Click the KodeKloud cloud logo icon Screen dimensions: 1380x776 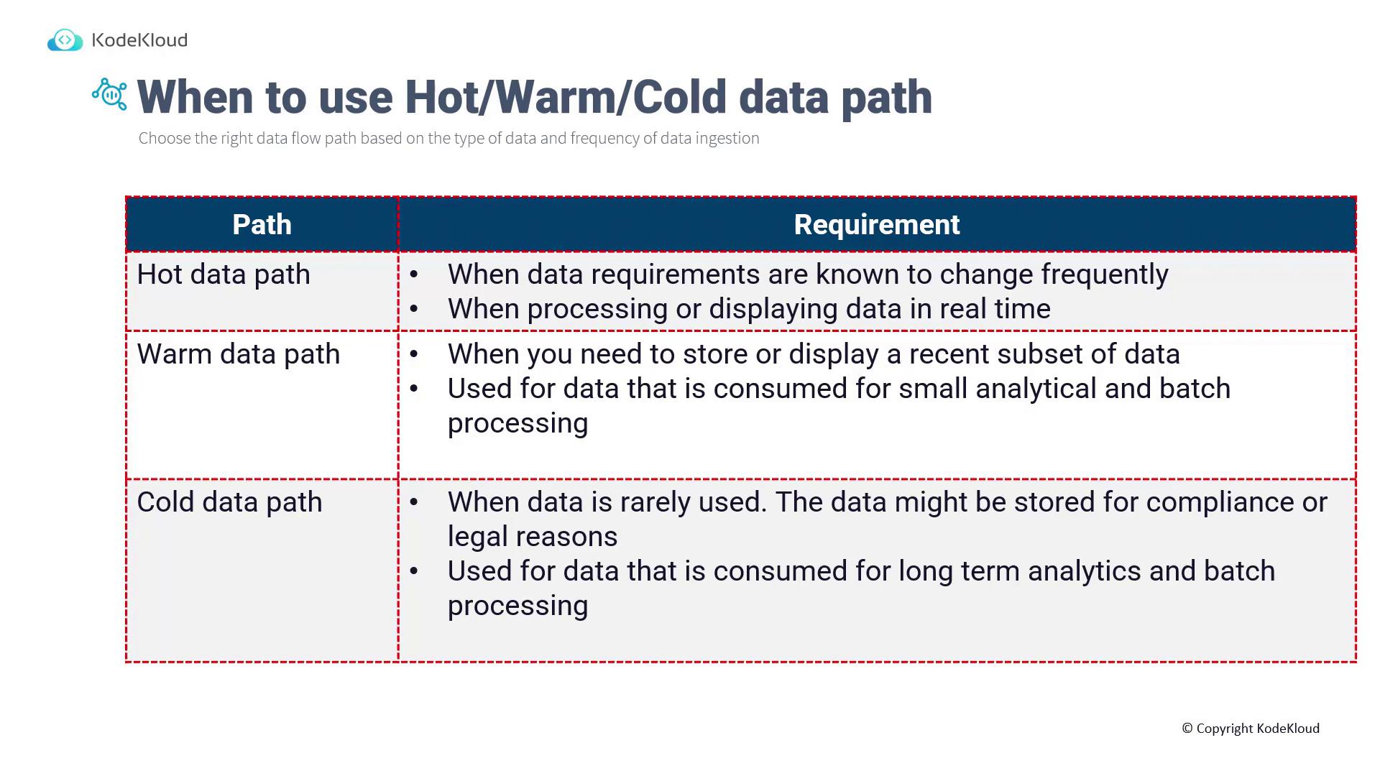(x=65, y=40)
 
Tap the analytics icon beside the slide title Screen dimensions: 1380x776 (x=110, y=94)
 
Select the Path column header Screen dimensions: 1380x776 (x=262, y=224)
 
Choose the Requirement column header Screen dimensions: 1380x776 (x=877, y=224)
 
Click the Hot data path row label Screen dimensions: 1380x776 (x=224, y=274)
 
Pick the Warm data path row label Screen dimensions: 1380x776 (x=239, y=354)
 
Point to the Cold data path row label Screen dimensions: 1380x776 (x=230, y=502)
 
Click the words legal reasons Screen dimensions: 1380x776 (x=533, y=537)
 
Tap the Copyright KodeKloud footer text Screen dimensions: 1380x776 (x=1251, y=729)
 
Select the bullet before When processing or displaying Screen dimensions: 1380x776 (x=414, y=309)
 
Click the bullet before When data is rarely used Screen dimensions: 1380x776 (x=414, y=502)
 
